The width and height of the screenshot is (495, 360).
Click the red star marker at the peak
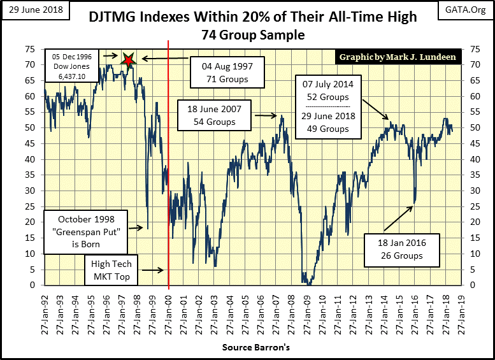(x=129, y=60)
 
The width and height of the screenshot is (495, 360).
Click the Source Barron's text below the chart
(x=247, y=348)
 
